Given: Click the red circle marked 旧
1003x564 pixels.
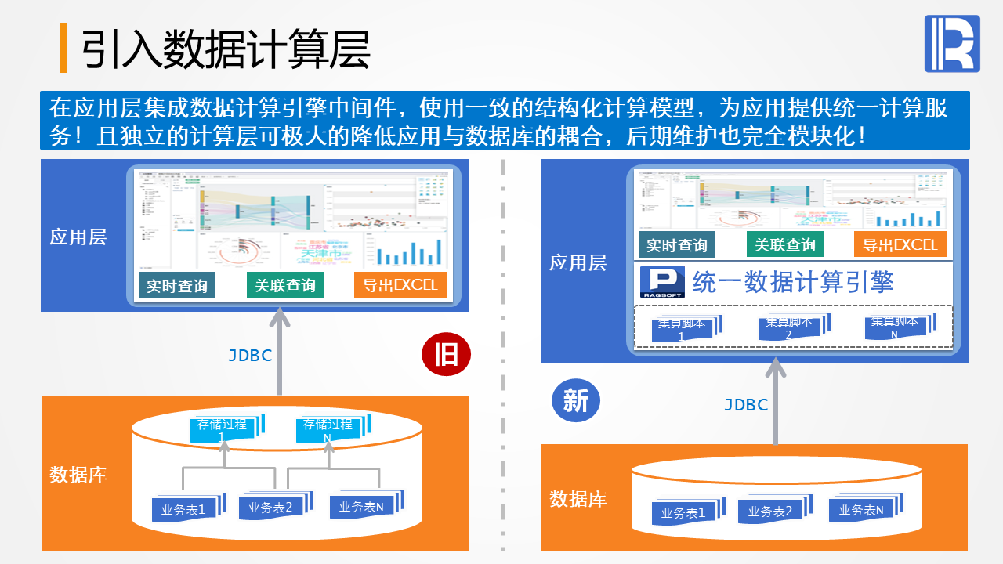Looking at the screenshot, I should (446, 355).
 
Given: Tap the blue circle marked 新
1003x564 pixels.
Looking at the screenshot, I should (576, 400).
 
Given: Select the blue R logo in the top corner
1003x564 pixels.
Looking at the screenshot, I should (952, 44).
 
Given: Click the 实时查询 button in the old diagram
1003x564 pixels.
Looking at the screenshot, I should (177, 285).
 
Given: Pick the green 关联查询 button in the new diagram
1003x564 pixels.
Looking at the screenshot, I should (784, 244).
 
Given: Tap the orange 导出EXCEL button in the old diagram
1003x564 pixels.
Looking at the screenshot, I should (400, 285).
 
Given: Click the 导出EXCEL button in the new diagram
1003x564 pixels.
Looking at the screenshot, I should (900, 244).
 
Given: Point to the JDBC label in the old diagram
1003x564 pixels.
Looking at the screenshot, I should (250, 356).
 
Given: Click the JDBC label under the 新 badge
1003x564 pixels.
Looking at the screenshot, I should (746, 405).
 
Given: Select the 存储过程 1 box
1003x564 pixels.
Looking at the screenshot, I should (223, 430).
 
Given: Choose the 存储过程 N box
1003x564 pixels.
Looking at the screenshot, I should (328, 430).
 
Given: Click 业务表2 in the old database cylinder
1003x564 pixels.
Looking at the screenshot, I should (271, 508).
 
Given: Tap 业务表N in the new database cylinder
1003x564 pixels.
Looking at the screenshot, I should (861, 511).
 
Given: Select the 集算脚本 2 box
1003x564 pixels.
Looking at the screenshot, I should (790, 328).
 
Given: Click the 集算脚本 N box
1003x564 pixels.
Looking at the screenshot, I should (896, 327).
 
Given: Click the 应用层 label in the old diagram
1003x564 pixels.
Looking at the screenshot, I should (78, 237).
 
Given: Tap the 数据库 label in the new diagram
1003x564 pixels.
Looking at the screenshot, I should (578, 498).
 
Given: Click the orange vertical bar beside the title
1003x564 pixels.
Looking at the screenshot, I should (63, 48).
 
